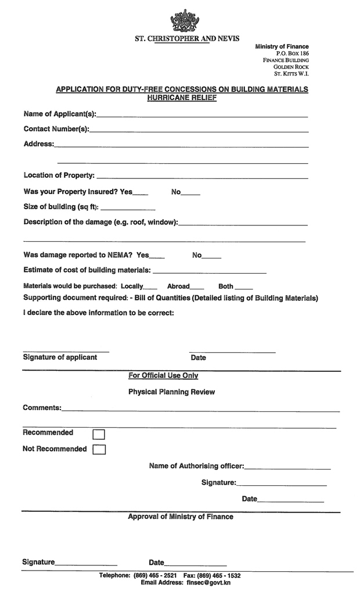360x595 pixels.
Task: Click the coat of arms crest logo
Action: (x=183, y=21)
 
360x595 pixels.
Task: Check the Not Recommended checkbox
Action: (x=99, y=449)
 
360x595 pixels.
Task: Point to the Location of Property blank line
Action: (x=201, y=177)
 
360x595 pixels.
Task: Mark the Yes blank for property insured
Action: (x=141, y=193)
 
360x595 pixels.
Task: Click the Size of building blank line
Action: (x=128, y=209)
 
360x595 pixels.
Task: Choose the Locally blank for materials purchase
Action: (x=150, y=288)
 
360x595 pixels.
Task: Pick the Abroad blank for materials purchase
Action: (x=197, y=288)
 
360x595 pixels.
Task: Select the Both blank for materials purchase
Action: (x=244, y=288)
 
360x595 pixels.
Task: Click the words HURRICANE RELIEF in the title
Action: (x=182, y=98)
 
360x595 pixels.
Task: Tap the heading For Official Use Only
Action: (x=163, y=376)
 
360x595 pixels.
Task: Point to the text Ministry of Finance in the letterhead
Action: (x=282, y=46)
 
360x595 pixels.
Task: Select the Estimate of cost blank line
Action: (x=209, y=271)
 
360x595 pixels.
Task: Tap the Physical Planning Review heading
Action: (x=171, y=392)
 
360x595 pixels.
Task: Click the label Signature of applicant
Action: (x=60, y=357)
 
